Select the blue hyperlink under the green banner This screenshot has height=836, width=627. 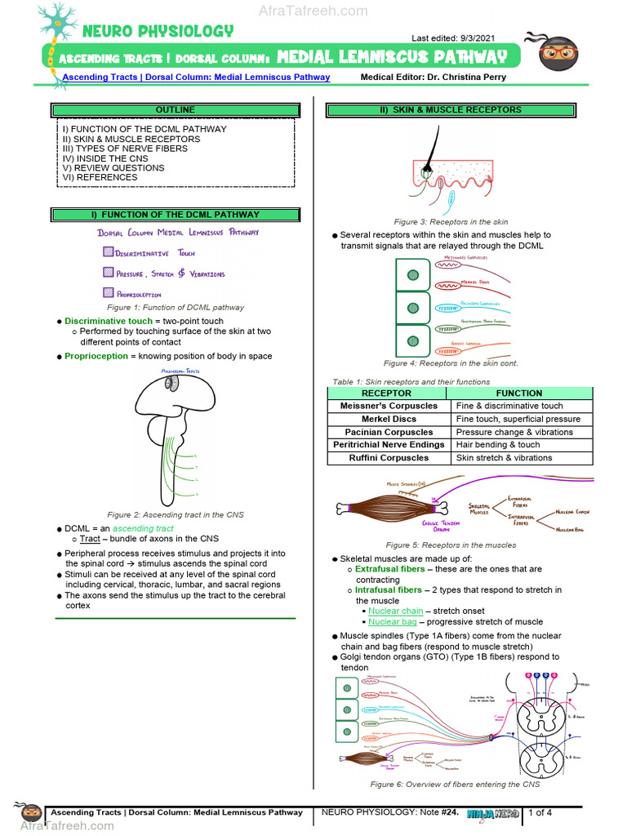(x=197, y=78)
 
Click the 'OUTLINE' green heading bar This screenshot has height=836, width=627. (x=176, y=109)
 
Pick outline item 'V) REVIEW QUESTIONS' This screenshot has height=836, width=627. (x=113, y=167)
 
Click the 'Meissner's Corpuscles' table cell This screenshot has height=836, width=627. (x=389, y=406)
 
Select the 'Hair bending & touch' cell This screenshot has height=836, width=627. (x=498, y=445)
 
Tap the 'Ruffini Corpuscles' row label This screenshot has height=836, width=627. (x=389, y=458)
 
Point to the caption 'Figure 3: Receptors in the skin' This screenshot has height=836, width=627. (x=451, y=222)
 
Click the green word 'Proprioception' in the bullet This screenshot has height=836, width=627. (x=96, y=356)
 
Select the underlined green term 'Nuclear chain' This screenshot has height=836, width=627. (x=395, y=611)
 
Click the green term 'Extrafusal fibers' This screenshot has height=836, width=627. (x=389, y=569)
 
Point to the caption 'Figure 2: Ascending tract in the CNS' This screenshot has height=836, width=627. (x=175, y=515)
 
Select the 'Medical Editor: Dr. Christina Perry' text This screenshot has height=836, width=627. (x=433, y=78)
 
